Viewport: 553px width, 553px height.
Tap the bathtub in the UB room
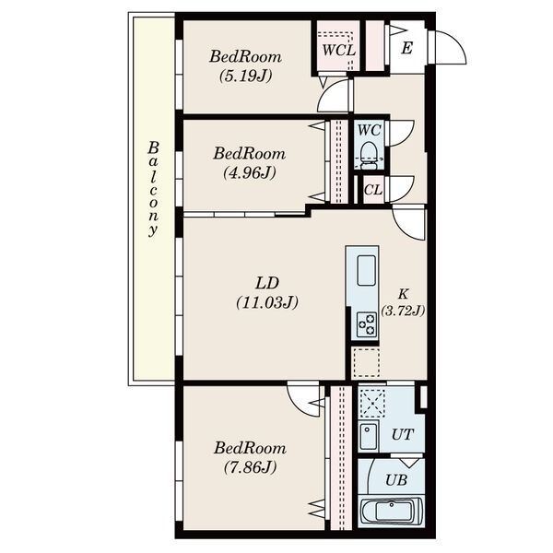(392, 511)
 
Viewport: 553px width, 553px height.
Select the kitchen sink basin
(366, 270)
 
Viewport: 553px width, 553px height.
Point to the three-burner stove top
(367, 324)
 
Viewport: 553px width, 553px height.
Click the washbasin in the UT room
(369, 437)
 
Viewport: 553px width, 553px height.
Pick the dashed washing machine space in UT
(371, 403)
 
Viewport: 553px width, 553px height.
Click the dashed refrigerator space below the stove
(367, 362)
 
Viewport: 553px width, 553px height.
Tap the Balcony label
(153, 189)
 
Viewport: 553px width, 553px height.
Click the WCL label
(339, 50)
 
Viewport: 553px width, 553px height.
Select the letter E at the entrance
(406, 48)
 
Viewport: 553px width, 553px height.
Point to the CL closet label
(372, 190)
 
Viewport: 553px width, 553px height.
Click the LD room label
(267, 283)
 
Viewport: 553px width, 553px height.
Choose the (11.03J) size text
(267, 302)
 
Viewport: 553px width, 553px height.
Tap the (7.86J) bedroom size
(250, 467)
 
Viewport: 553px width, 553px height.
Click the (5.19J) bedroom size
(246, 76)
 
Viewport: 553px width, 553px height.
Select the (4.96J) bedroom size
(250, 173)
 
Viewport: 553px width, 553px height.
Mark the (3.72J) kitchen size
(403, 311)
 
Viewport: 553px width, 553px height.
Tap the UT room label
(403, 434)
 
